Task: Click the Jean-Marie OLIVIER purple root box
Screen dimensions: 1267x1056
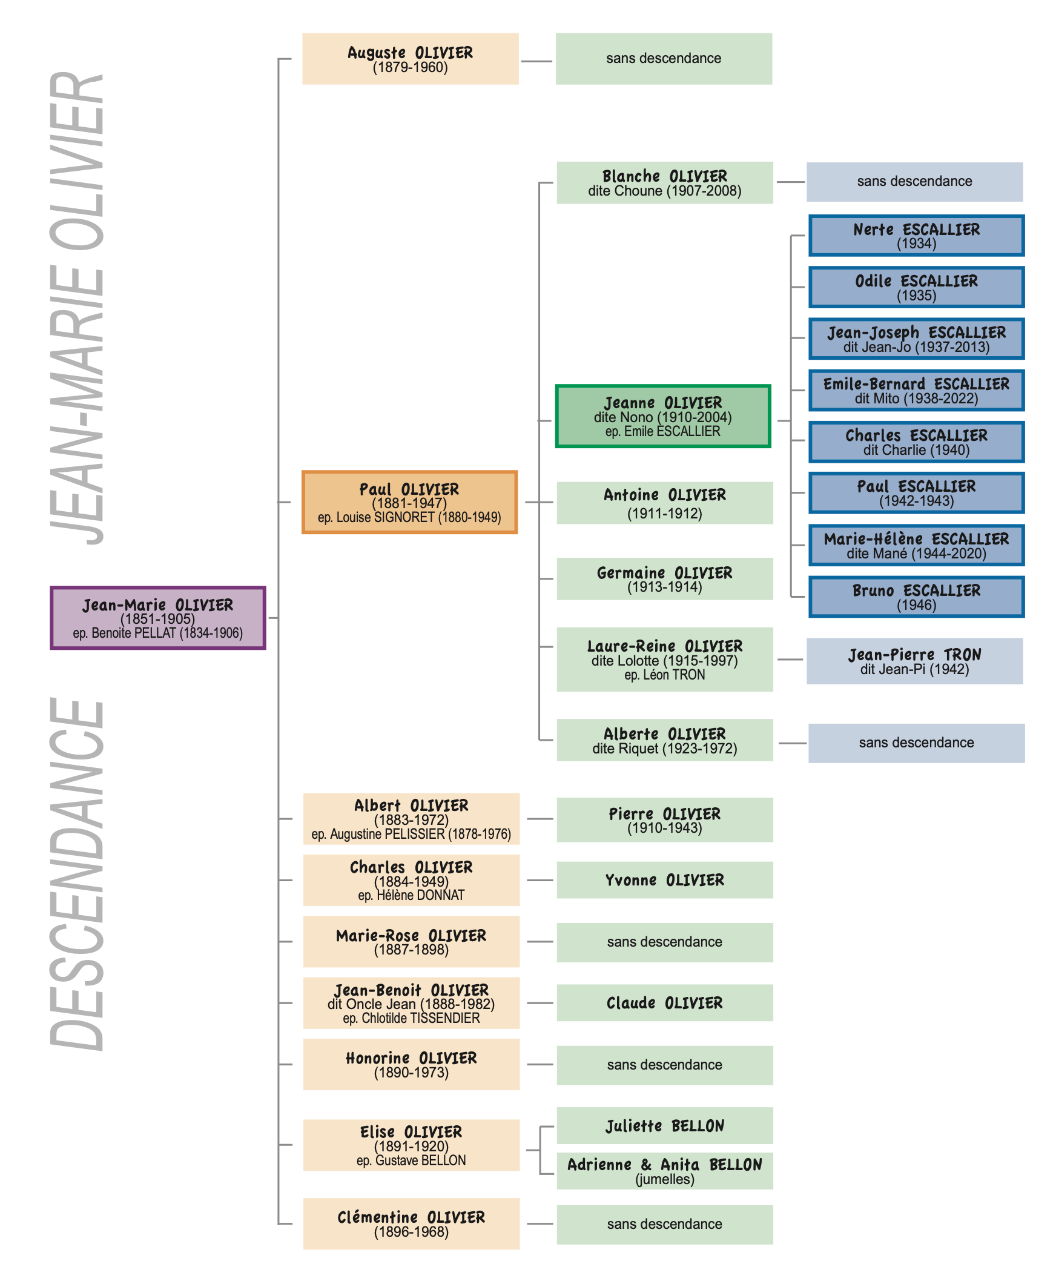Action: click(x=157, y=618)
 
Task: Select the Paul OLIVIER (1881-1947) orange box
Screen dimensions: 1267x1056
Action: click(x=409, y=502)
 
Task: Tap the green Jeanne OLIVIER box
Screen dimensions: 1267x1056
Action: click(x=663, y=416)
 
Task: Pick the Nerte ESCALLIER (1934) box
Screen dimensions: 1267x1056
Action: click(x=916, y=236)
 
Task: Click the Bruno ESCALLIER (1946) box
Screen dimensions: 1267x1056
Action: click(x=916, y=597)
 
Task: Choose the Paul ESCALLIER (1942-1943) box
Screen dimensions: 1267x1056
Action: click(x=916, y=493)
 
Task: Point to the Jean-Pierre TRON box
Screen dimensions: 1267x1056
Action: click(x=914, y=661)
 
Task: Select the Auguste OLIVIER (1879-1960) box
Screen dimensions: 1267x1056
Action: click(x=410, y=59)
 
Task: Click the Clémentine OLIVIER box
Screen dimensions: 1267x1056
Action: click(x=411, y=1223)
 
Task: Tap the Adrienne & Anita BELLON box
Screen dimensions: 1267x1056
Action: click(x=664, y=1171)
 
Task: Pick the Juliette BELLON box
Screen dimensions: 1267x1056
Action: click(x=664, y=1126)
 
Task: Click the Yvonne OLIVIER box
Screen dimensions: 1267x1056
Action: click(x=664, y=880)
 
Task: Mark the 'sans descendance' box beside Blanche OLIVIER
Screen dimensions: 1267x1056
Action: click(x=914, y=182)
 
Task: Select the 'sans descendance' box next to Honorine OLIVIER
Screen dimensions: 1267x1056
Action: click(x=664, y=1065)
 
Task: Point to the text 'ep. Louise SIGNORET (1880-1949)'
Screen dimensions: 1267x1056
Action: click(x=409, y=517)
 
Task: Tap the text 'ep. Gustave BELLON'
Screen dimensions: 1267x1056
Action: click(x=411, y=1160)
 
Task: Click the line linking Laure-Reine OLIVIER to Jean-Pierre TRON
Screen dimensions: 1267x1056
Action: click(x=790, y=660)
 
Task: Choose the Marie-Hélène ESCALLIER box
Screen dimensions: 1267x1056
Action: click(x=916, y=545)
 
